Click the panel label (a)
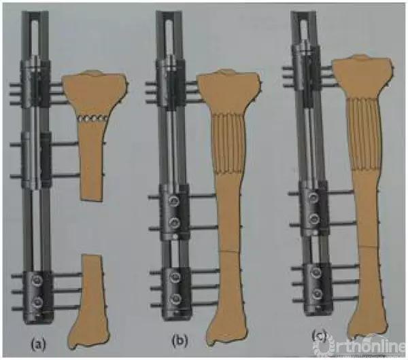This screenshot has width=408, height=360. click(39, 344)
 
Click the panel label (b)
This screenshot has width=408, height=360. click(180, 341)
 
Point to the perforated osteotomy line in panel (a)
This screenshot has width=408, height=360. click(93, 119)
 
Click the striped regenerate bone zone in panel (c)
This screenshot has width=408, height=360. click(364, 134)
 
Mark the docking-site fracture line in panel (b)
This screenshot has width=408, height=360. click(229, 251)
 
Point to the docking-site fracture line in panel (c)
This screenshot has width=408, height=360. click(367, 246)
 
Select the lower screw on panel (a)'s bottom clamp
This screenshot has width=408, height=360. click(37, 302)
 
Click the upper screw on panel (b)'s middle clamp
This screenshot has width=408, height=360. click(173, 200)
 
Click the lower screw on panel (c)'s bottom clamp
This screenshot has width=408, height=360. click(317, 293)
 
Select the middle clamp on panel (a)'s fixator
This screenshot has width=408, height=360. click(37, 160)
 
